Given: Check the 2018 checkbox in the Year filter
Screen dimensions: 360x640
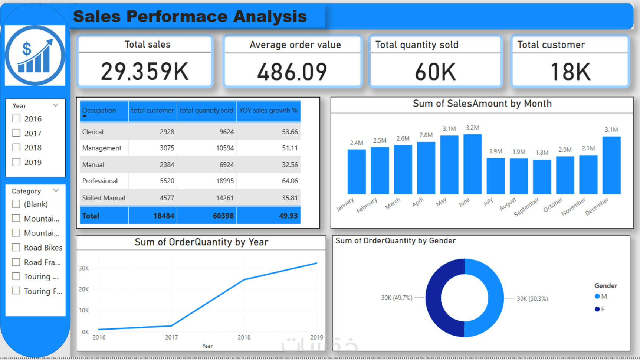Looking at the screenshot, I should point(16,148).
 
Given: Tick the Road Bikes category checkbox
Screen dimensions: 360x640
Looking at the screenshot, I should point(16,248).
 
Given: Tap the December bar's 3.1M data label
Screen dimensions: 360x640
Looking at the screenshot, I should point(611,130).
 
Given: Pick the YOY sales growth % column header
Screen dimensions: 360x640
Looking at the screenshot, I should point(268,111).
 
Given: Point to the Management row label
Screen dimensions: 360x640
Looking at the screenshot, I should point(102,148).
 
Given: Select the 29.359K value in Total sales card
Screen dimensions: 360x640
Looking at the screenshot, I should point(145,71).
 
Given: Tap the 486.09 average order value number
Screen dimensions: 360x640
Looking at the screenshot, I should point(292,72).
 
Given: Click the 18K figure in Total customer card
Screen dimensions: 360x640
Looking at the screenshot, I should point(570,72).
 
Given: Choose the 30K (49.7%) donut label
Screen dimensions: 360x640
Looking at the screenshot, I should point(397,298).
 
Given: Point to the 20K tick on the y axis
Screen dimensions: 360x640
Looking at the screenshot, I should point(84,289).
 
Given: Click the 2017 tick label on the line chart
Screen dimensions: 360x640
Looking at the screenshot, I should point(171,337).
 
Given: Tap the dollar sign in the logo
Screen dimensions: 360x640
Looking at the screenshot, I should point(27,49).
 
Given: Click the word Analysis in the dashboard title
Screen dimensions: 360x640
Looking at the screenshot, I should point(270,16).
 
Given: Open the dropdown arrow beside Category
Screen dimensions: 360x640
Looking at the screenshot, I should point(56,191).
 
